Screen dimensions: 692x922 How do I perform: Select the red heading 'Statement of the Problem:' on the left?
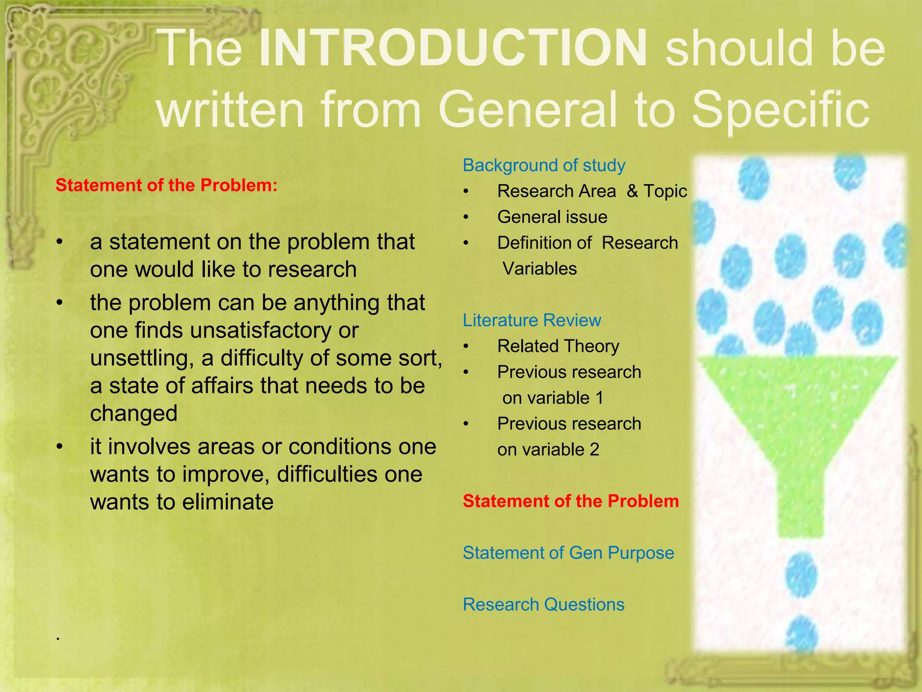167,185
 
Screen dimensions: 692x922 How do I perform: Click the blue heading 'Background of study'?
544,165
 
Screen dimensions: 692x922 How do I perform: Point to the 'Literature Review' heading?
532,320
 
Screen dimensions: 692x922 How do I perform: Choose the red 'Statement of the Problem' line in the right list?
570,501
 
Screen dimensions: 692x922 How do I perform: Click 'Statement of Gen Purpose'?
568,553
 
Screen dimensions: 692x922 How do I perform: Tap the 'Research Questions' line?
543,605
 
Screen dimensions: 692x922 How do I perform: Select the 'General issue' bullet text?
552,217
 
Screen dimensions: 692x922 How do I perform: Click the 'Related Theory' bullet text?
558,346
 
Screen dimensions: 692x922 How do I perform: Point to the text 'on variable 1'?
552,398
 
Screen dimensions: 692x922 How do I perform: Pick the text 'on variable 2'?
548,450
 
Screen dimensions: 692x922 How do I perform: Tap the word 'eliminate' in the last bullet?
227,502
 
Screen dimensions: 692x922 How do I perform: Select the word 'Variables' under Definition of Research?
539,269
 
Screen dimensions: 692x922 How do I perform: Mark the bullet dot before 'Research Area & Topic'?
466,191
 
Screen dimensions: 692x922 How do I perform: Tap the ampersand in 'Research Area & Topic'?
633,191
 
